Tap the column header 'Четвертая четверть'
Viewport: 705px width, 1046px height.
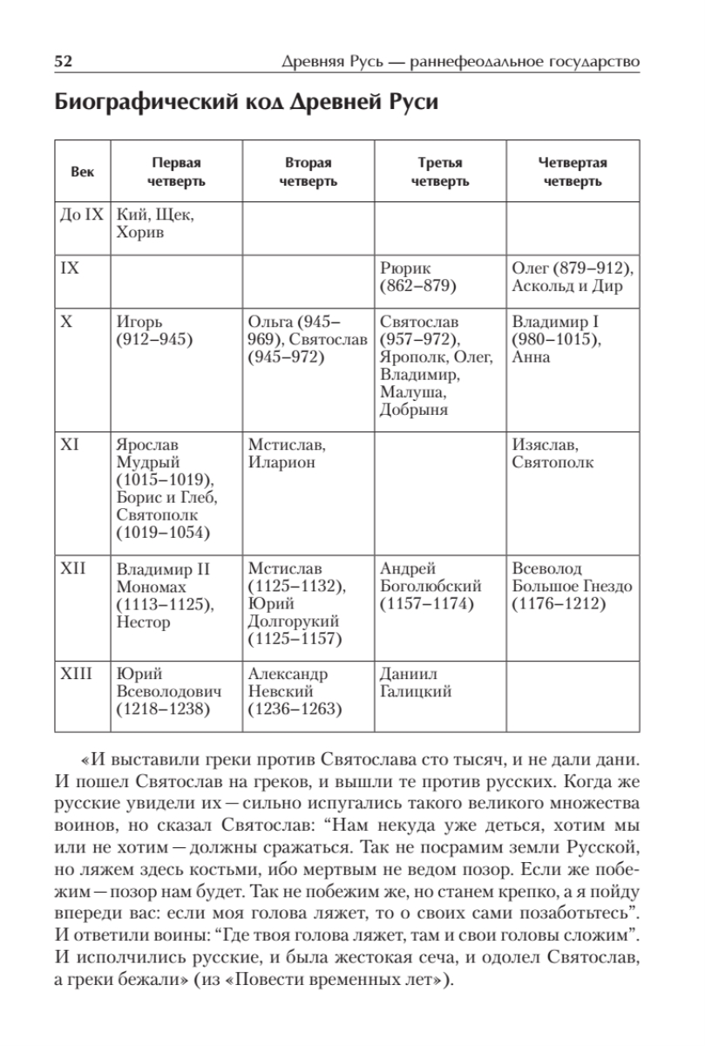pos(572,172)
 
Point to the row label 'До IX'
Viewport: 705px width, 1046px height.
pos(81,214)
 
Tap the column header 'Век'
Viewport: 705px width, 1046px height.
pos(82,172)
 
